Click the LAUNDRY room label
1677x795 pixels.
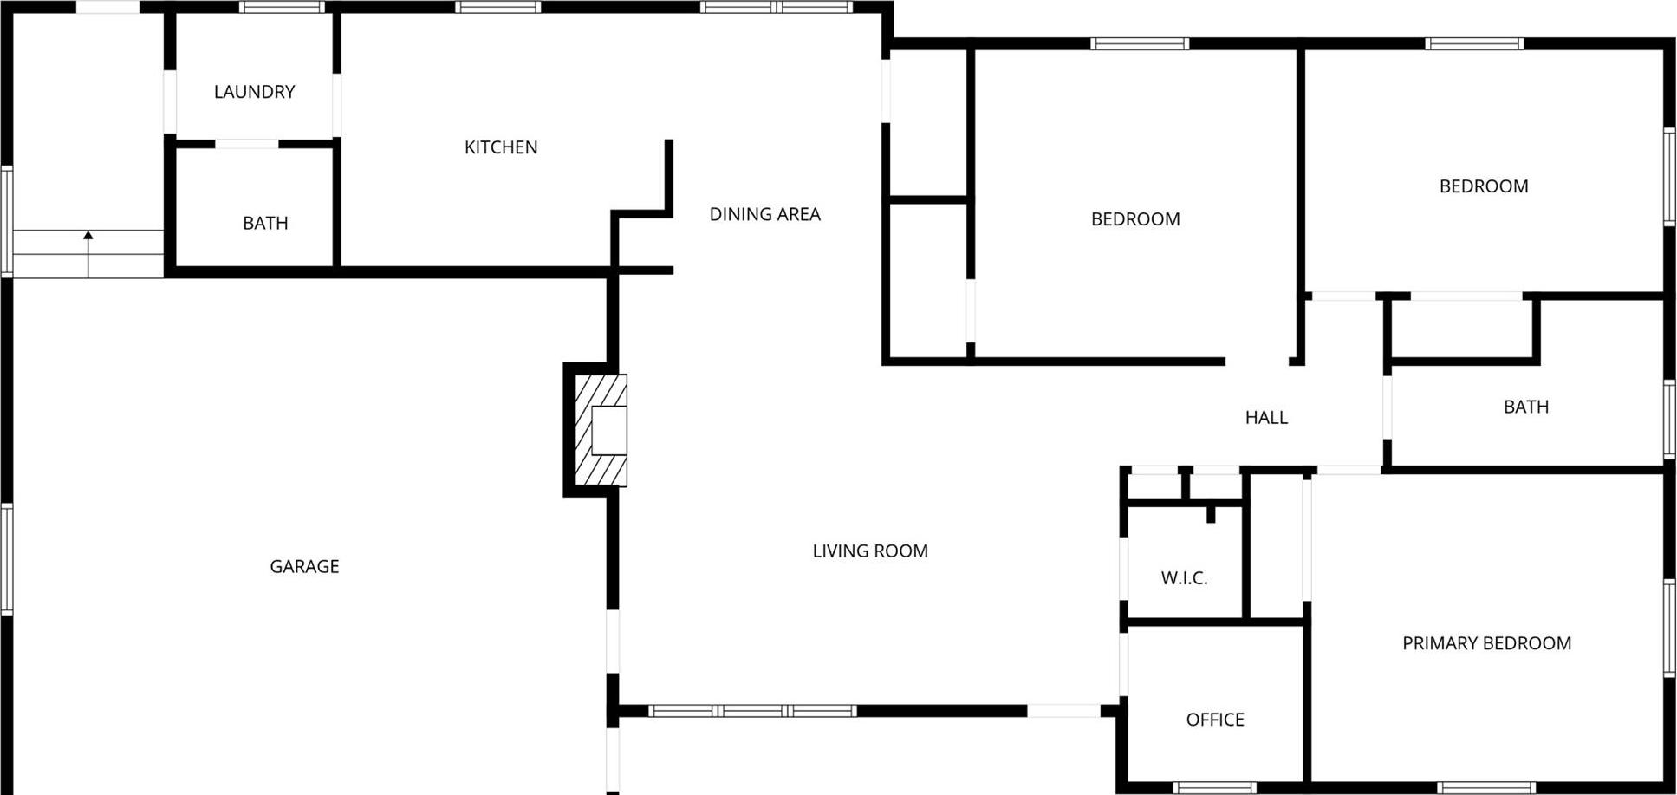[254, 92]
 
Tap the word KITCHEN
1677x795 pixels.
[501, 147]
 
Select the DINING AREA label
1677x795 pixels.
[764, 214]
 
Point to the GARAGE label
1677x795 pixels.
[304, 566]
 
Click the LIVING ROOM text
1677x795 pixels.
[870, 551]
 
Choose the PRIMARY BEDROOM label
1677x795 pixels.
[1486, 643]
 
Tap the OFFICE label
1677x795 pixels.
[1215, 720]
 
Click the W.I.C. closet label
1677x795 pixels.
[1184, 578]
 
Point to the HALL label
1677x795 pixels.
[1266, 418]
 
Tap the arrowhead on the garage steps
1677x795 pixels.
[88, 235]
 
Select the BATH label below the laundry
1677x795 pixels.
[265, 224]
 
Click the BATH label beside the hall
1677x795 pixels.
[1525, 407]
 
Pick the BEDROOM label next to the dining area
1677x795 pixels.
[1135, 219]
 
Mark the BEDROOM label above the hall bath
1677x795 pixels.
[1484, 186]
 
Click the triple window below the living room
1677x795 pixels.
[752, 711]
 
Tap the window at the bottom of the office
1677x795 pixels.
[1215, 788]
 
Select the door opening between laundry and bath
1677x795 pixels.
[247, 144]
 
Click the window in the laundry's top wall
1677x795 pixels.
[282, 7]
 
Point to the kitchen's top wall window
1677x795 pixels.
[498, 7]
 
